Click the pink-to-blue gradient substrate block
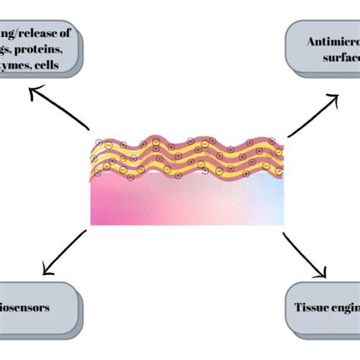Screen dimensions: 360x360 click(x=187, y=201)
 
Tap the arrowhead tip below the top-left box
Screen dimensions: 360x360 click(x=30, y=89)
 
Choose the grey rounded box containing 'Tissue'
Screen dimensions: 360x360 click(x=323, y=309)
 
